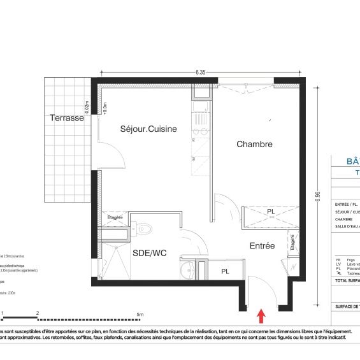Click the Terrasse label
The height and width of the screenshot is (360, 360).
click(68, 119)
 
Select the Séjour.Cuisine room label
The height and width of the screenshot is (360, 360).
click(148, 129)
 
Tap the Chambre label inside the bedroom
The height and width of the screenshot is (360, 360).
click(254, 145)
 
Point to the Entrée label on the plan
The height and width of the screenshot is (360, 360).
click(262, 245)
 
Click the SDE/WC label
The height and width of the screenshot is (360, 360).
click(149, 253)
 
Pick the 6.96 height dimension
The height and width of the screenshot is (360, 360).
click(317, 198)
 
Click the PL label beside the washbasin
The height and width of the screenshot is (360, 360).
click(225, 271)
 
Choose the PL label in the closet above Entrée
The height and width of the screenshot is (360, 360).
click(271, 212)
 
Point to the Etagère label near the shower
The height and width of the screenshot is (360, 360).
click(115, 218)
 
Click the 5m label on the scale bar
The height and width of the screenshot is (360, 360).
click(140, 313)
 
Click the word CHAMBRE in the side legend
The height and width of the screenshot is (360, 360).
click(345, 219)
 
